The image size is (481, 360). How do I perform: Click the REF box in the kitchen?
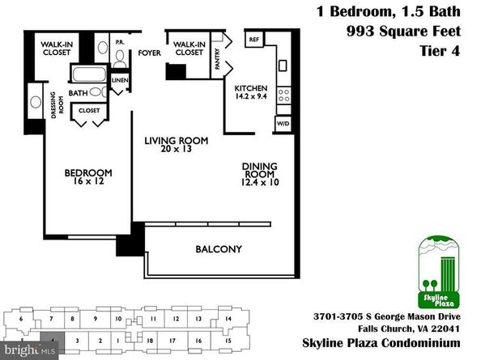[x=253, y=40]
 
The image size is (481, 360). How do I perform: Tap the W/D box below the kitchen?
[x=283, y=124]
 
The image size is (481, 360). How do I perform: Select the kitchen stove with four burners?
[x=283, y=99]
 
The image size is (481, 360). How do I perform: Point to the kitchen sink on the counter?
[x=284, y=65]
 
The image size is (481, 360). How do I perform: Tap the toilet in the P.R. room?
[x=119, y=57]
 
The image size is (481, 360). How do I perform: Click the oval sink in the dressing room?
[x=35, y=103]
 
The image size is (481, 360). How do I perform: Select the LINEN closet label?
[x=119, y=80]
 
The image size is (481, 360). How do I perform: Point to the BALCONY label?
[x=218, y=249]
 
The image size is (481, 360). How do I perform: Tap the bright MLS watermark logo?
[x=29, y=350]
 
